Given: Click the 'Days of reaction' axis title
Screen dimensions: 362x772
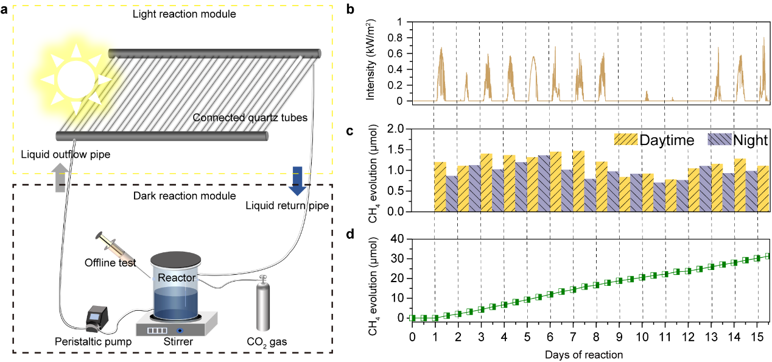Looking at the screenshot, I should (x=584, y=353).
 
